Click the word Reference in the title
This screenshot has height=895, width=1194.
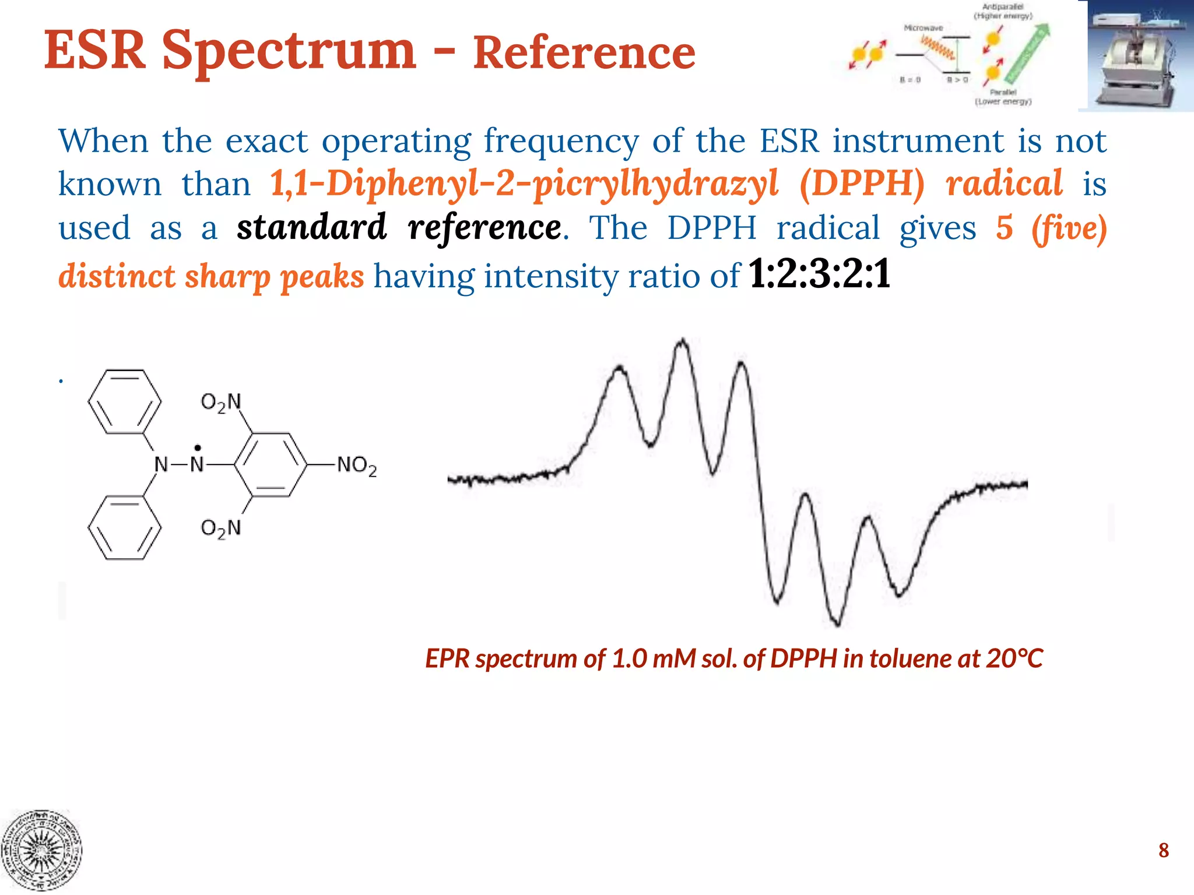(x=584, y=53)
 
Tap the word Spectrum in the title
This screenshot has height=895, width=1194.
(x=289, y=51)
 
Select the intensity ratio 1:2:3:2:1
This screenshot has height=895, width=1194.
(x=819, y=274)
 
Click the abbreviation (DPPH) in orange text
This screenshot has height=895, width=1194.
(x=862, y=184)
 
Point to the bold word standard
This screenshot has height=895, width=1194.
(x=312, y=227)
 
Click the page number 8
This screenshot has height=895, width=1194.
(x=1164, y=850)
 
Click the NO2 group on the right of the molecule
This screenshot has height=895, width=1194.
(x=356, y=466)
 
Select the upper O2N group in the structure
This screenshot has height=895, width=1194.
(x=220, y=402)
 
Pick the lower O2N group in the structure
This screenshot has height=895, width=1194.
(x=220, y=528)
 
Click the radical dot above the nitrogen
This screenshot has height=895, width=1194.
(x=198, y=448)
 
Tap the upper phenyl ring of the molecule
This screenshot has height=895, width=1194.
(x=124, y=401)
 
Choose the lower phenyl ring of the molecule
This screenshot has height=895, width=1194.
(x=124, y=527)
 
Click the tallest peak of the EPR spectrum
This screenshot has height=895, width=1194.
(x=682, y=343)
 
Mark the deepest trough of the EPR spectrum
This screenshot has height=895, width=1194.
(x=838, y=623)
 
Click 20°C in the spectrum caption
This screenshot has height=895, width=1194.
(x=1014, y=658)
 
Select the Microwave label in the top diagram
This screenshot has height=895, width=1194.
(x=923, y=28)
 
